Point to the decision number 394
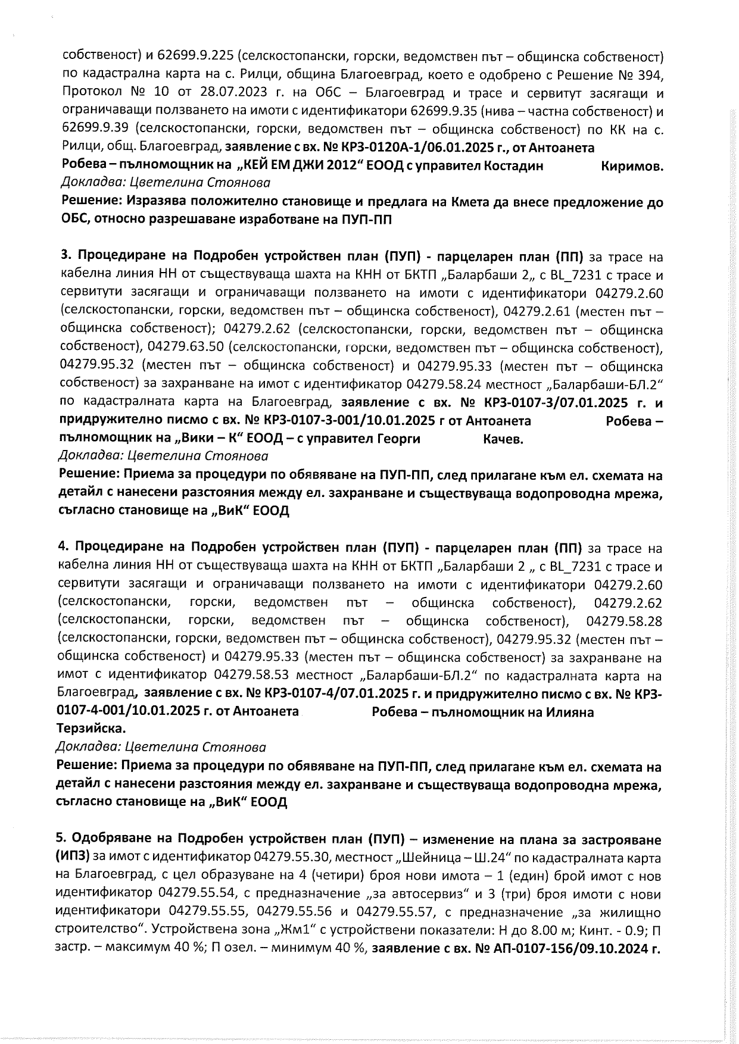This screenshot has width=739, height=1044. [647, 75]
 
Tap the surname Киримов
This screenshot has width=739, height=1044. [632, 167]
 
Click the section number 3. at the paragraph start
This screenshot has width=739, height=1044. [66, 257]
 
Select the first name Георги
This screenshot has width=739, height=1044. [399, 439]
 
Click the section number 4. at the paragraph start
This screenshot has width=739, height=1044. [65, 548]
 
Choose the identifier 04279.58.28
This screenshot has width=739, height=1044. [624, 621]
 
